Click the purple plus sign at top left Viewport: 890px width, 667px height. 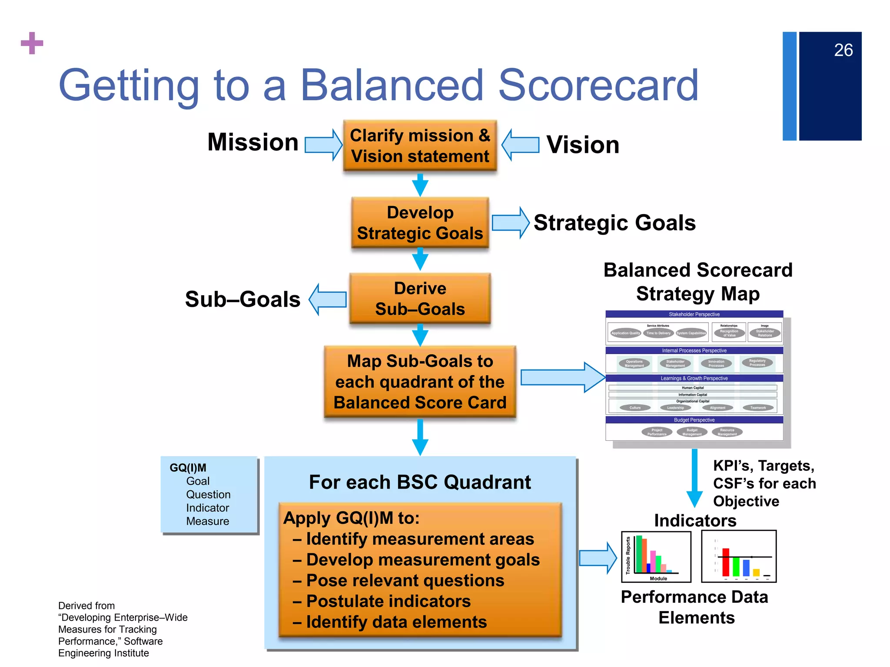(32, 43)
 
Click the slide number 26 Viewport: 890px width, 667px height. (843, 50)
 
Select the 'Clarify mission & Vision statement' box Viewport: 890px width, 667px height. (420, 146)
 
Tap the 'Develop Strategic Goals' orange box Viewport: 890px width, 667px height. (420, 223)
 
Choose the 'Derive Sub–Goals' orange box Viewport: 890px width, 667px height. (420, 299)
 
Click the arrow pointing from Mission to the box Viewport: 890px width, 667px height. (323, 145)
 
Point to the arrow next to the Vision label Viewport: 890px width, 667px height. (520, 145)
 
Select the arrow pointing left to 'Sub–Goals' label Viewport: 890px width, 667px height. (328, 299)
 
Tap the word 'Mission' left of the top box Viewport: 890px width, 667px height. (253, 142)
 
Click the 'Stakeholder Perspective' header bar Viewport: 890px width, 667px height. (694, 314)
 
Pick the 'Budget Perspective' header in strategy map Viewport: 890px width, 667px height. (694, 420)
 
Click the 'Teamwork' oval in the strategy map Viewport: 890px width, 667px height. (758, 408)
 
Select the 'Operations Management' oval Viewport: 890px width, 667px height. (634, 363)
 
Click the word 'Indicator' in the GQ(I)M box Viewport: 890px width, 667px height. (207, 508)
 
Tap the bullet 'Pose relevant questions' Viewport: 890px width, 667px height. (405, 581)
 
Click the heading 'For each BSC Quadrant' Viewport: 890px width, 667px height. (420, 482)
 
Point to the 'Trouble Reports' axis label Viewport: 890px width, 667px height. (628, 555)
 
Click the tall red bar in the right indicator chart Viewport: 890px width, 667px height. (726, 562)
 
